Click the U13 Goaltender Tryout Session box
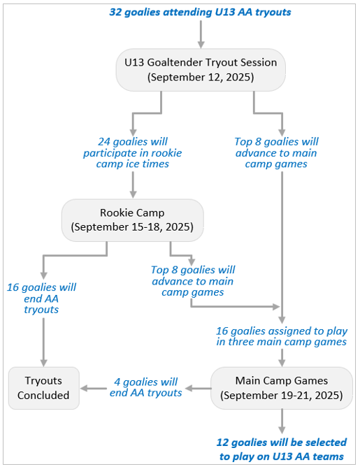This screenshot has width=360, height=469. [201, 70]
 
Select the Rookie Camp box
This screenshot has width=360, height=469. [133, 220]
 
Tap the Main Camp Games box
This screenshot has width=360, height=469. [282, 388]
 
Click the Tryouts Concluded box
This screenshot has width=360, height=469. [44, 388]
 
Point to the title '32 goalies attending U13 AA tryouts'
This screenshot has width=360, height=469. [200, 12]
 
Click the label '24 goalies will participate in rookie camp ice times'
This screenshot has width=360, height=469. [133, 152]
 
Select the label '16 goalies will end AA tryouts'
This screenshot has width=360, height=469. [42, 298]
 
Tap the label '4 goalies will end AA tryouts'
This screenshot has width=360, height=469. [145, 387]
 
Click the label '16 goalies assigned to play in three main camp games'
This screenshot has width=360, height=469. [282, 336]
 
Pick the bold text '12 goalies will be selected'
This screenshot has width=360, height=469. [282, 442]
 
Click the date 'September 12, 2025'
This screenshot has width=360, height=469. [201, 77]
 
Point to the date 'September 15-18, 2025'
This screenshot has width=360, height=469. [132, 227]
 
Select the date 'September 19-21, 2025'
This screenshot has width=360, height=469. [282, 396]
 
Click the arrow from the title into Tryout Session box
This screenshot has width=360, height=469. [201, 34]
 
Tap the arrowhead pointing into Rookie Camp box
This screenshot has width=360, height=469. [134, 194]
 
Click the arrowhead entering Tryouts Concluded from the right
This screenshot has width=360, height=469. [85, 388]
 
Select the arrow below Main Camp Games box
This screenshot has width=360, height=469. [282, 421]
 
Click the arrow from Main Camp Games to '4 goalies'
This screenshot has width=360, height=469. [198, 389]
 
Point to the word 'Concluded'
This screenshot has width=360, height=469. [43, 396]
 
